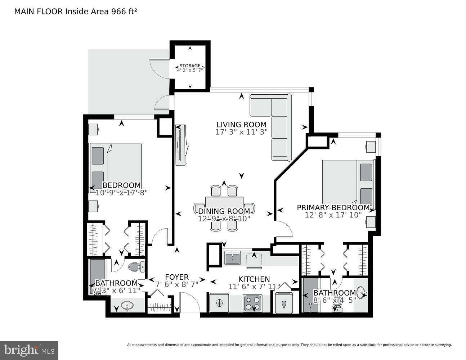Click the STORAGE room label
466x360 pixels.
[x=190, y=66]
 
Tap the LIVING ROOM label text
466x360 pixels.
[x=241, y=125]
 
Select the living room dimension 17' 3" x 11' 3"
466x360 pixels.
[x=241, y=132]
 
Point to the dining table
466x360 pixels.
[x=224, y=205]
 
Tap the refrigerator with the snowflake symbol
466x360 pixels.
[x=219, y=303]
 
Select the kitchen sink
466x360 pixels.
[x=232, y=258]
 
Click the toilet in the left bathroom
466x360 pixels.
[x=136, y=267]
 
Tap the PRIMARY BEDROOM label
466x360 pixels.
[x=333, y=208]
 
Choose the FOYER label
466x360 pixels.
[x=176, y=277]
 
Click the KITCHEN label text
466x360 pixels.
[x=254, y=279]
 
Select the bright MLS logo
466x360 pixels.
[x=29, y=350]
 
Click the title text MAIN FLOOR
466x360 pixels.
[x=39, y=12]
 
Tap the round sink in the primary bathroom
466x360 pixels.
[x=362, y=295]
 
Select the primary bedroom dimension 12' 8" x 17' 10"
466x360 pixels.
[x=333, y=215]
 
